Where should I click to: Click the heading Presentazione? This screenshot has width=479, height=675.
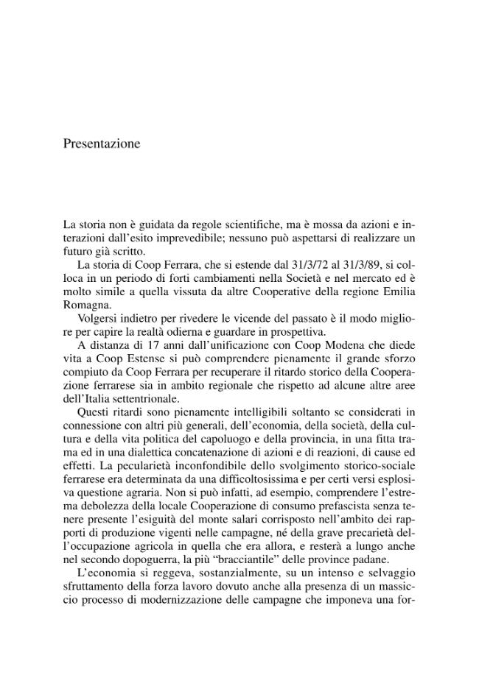tap(101, 144)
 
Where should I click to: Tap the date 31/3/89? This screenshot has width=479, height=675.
tap(352, 265)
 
